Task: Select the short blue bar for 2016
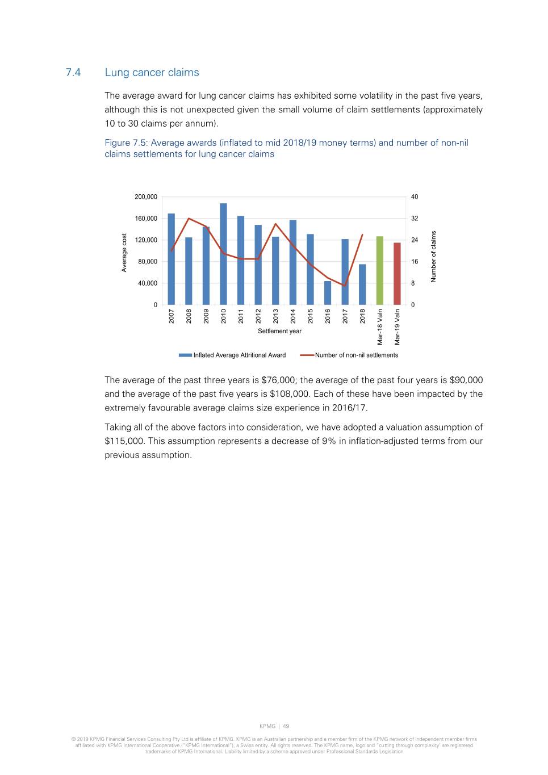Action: tap(328, 293)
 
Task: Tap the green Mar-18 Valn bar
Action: tap(380, 271)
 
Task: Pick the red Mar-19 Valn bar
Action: tap(397, 274)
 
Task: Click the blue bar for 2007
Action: tap(171, 259)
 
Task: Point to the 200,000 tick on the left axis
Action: tap(146, 197)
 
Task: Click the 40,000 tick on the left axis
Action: tap(147, 283)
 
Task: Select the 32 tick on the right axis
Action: tap(415, 219)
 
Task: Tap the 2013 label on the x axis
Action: tap(276, 316)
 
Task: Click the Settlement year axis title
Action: tap(279, 331)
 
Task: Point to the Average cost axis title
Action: tap(124, 253)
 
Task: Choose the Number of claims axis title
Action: tap(433, 256)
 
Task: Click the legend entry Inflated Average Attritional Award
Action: tap(239, 355)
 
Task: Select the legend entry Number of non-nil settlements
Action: tap(356, 355)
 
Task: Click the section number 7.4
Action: tap(73, 73)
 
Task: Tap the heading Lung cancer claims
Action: tap(152, 73)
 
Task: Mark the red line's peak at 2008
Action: tap(189, 219)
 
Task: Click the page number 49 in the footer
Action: tap(286, 726)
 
